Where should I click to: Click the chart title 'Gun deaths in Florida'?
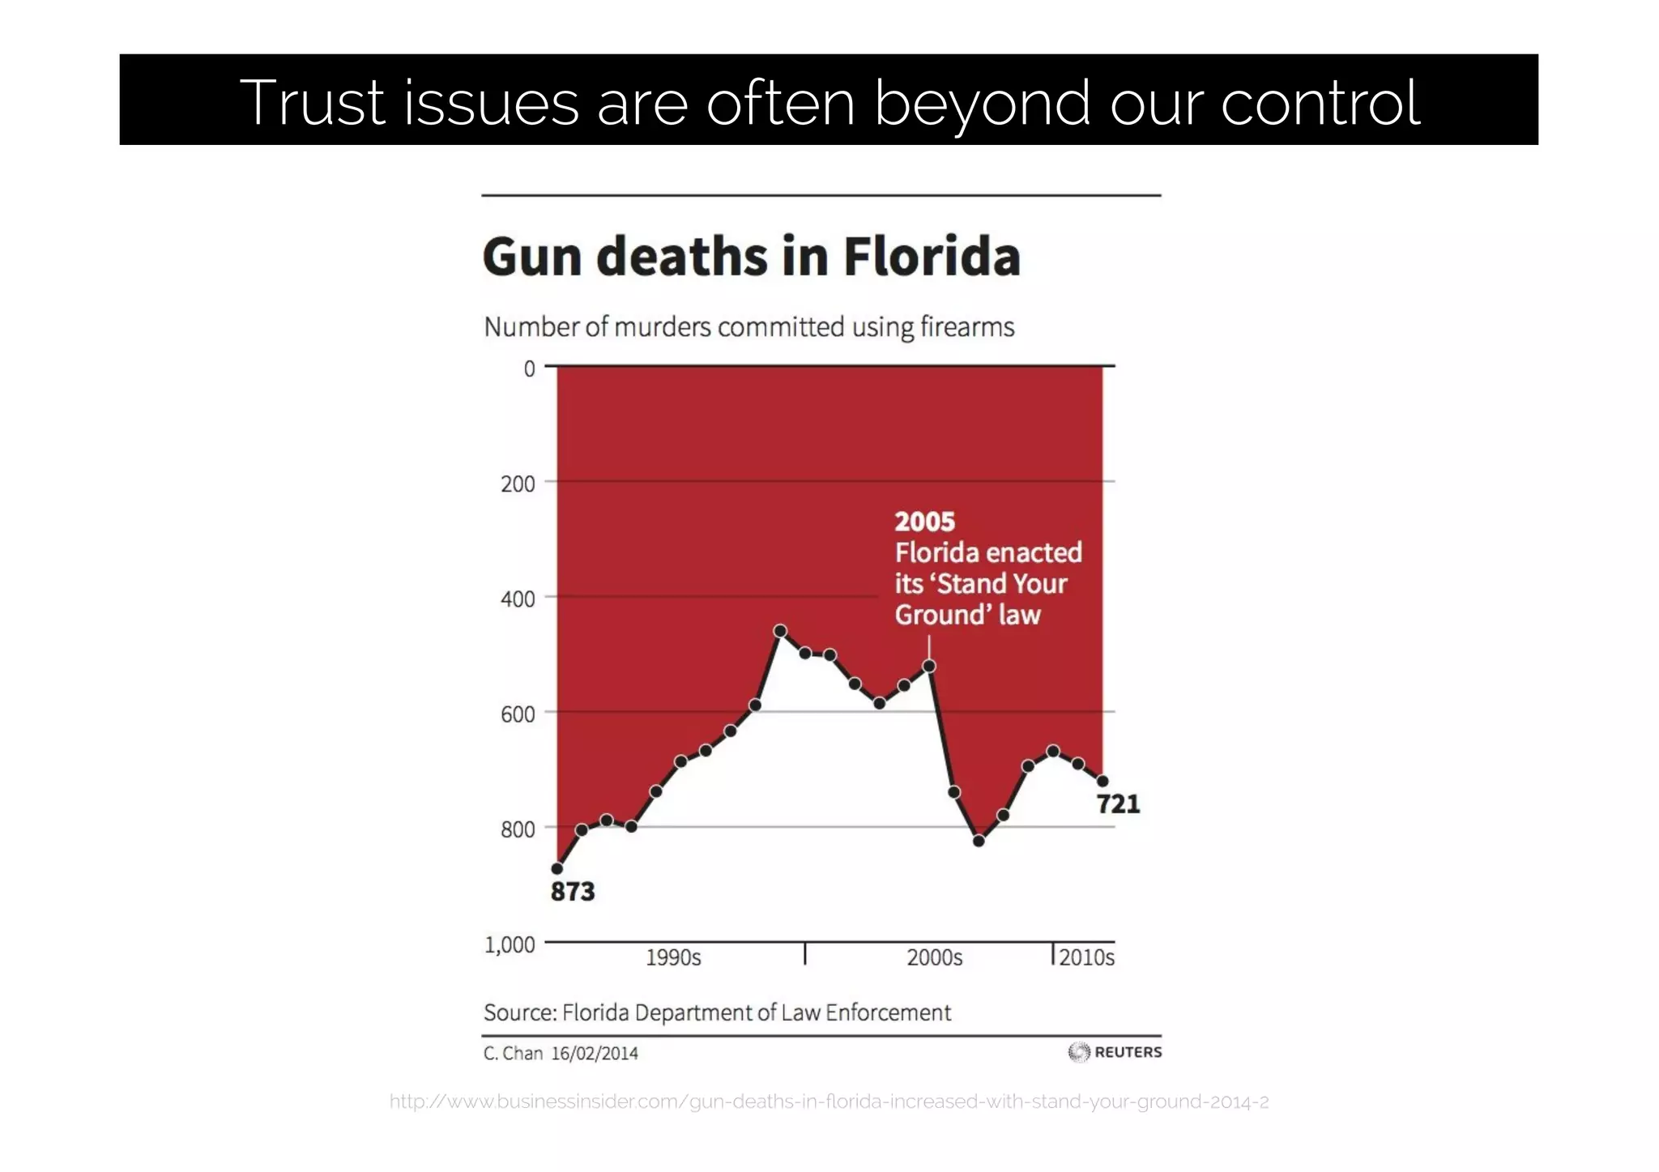[x=751, y=257]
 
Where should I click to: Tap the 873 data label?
[x=572, y=892]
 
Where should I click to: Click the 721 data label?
[x=1118, y=804]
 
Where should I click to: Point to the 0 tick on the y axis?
[x=529, y=369]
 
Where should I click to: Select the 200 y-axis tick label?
[x=518, y=484]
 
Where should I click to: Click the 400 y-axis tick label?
[x=518, y=599]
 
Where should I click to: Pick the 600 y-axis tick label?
[x=518, y=714]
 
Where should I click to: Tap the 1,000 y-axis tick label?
[x=510, y=944]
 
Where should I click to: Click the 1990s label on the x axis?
[x=673, y=958]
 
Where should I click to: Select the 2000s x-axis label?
[x=934, y=958]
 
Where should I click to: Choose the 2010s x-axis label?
[x=1086, y=958]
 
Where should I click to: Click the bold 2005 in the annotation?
[x=924, y=522]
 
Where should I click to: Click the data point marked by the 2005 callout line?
[x=929, y=666]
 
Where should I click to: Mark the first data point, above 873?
[x=557, y=869]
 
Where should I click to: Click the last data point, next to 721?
[x=1102, y=781]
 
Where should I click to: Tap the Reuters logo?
[x=1115, y=1052]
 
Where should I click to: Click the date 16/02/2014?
[x=594, y=1054]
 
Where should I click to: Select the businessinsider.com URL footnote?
[x=829, y=1102]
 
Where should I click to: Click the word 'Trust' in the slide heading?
[x=311, y=103]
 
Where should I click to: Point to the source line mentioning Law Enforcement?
[x=717, y=1012]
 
